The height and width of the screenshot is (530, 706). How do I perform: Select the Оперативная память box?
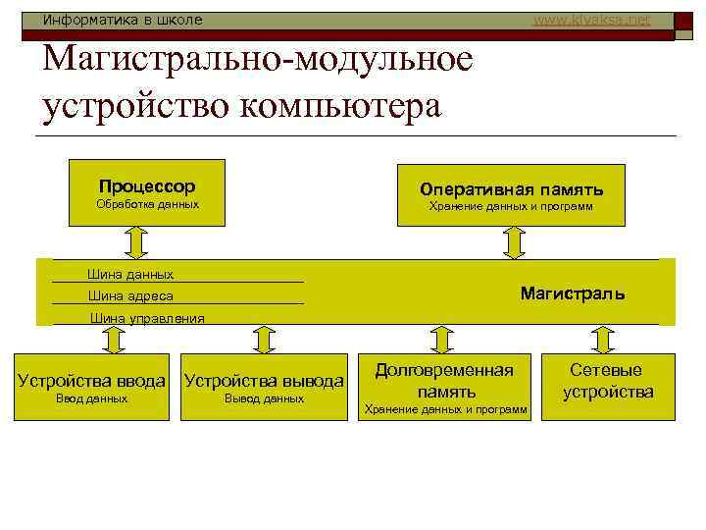click(511, 195)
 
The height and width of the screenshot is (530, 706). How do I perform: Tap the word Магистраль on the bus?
click(572, 292)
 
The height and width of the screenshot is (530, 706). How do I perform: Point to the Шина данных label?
click(130, 274)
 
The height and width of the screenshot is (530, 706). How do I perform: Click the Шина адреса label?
click(130, 295)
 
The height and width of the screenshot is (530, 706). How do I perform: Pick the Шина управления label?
click(147, 317)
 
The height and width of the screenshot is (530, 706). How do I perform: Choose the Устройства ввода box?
click(92, 387)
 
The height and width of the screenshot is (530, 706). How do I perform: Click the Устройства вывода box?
click(264, 387)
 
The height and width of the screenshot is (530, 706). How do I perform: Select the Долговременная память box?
click(444, 387)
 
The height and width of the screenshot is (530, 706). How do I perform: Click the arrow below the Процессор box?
click(137, 241)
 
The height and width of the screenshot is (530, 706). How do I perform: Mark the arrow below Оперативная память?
click(514, 241)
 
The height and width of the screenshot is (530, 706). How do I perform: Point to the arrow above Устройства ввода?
click(113, 339)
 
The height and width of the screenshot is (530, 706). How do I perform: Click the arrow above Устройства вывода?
click(264, 339)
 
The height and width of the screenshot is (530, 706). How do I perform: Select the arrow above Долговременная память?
click(443, 339)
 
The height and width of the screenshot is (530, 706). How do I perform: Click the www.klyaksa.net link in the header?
click(591, 19)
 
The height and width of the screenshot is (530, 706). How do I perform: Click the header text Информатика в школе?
click(123, 19)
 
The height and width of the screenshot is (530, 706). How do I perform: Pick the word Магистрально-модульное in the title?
click(258, 61)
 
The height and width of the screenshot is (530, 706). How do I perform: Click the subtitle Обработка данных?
click(147, 205)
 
